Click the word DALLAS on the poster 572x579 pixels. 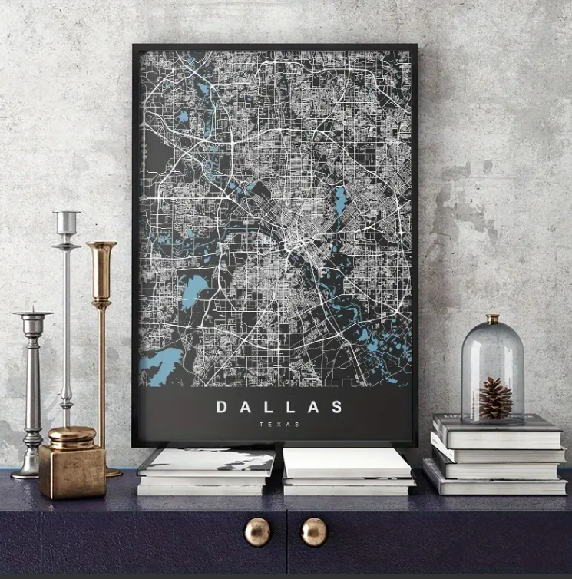point(279,406)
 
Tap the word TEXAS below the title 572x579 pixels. point(279,425)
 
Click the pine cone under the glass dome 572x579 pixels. point(495,397)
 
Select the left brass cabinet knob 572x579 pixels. point(257,531)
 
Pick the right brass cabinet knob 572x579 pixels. point(313,531)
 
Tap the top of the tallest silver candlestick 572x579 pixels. point(67,214)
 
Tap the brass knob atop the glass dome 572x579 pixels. point(492,318)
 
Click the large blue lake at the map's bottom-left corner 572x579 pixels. point(160,366)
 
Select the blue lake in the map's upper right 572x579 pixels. point(340,201)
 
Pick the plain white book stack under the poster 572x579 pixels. point(347,471)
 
